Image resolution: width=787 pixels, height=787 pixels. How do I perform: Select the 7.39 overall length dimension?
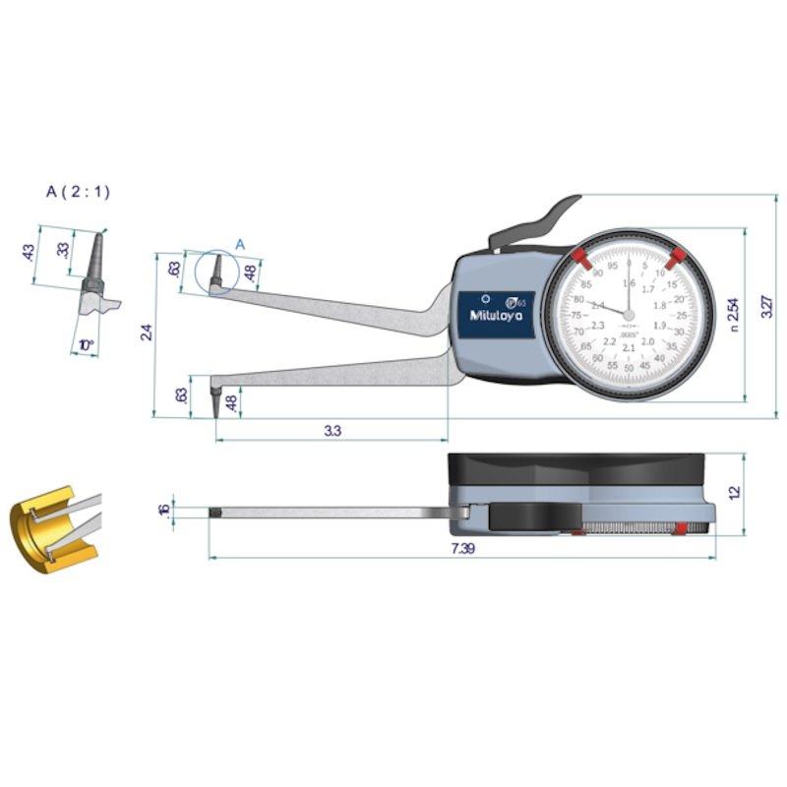click(x=462, y=549)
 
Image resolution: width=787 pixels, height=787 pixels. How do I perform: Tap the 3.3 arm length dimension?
click(x=332, y=431)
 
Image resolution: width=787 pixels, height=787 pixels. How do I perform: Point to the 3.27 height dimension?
click(x=767, y=307)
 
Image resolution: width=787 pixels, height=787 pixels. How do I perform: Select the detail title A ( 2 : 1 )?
click(x=78, y=192)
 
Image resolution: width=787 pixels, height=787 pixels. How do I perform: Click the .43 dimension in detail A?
click(x=29, y=253)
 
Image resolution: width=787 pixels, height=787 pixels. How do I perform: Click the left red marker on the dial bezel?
click(x=579, y=259)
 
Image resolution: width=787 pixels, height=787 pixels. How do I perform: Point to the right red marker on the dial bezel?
click(x=675, y=260)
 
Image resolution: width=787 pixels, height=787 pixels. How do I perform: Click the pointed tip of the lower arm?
click(x=215, y=414)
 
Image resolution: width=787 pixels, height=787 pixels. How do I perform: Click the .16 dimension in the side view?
click(x=162, y=510)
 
